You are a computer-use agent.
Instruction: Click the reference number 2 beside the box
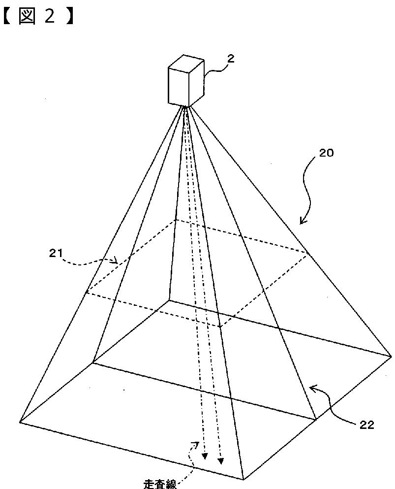point(231,59)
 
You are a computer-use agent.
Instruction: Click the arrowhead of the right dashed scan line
point(221,461)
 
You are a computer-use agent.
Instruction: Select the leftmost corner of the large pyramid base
point(20,421)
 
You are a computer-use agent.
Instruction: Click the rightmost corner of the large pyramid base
point(391,355)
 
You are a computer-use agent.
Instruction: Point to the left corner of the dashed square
point(86,293)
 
